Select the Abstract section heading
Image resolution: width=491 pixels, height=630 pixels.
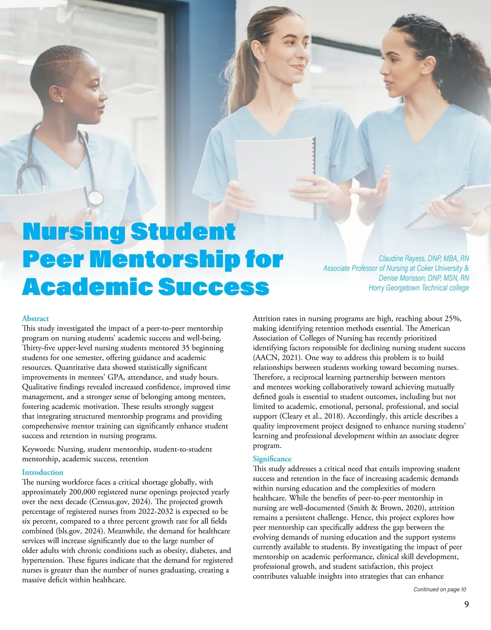(35, 318)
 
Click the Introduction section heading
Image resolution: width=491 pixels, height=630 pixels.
(43, 472)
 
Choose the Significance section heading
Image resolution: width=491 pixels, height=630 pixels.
(272, 459)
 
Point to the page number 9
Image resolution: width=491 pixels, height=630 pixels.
(466, 605)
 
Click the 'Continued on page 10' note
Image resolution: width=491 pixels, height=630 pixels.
(439, 589)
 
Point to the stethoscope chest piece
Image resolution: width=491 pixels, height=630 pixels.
(95, 198)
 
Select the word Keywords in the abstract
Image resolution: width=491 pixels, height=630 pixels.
(39, 449)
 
